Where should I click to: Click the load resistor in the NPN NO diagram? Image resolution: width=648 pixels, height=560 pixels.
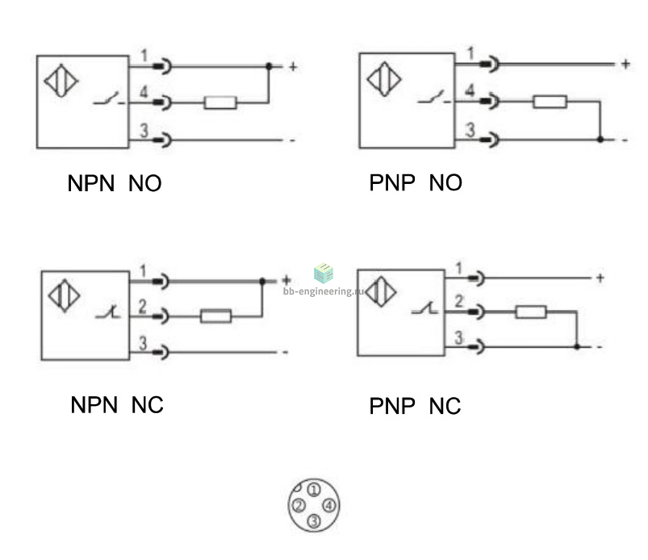tap(220, 102)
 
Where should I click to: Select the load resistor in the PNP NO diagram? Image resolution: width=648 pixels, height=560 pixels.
tap(550, 101)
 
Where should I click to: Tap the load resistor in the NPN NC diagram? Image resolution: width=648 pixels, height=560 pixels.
tap(215, 316)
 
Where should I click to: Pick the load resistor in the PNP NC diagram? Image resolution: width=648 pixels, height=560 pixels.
tap(531, 311)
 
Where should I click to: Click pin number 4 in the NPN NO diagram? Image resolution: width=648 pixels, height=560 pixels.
tap(144, 92)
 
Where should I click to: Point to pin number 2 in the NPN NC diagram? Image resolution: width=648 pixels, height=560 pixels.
tap(143, 307)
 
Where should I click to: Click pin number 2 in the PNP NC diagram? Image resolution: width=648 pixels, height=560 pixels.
tap(458, 301)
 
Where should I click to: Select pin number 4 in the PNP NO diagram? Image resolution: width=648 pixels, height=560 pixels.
tap(470, 90)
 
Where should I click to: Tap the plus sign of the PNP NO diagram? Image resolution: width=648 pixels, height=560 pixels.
tap(625, 64)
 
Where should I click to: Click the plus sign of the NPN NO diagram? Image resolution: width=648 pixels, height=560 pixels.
tap(293, 66)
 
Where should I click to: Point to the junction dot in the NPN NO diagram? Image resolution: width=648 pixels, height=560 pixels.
tap(269, 66)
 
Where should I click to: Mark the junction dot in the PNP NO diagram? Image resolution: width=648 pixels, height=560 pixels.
tap(600, 140)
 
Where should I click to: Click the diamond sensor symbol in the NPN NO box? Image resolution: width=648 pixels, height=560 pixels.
tap(61, 81)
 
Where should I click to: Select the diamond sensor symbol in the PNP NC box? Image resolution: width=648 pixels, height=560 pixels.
tap(381, 291)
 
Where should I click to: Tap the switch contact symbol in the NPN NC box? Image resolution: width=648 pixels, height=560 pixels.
tap(108, 312)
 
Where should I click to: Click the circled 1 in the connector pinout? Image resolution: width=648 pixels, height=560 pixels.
tap(314, 490)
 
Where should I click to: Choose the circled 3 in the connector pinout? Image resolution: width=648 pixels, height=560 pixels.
tap(314, 520)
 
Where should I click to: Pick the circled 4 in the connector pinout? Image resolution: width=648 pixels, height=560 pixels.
tap(329, 505)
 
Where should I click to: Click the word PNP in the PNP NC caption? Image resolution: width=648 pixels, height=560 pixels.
tap(391, 406)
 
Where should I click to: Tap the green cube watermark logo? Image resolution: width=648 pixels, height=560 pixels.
tap(324, 274)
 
